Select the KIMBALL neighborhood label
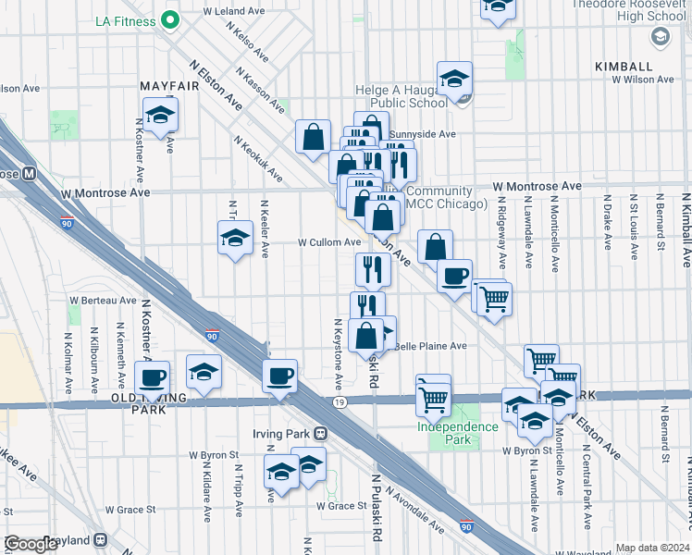click(624, 67)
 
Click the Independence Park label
click(457, 433)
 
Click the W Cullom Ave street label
click(328, 242)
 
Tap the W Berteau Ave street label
click(103, 301)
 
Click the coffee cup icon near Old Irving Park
click(153, 376)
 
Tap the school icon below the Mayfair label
click(161, 115)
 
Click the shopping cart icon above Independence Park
click(433, 400)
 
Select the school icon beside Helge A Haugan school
click(454, 80)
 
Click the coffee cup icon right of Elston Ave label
click(453, 275)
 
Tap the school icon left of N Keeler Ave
click(236, 238)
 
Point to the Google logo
click(31, 544)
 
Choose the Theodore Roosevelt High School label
click(629, 10)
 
